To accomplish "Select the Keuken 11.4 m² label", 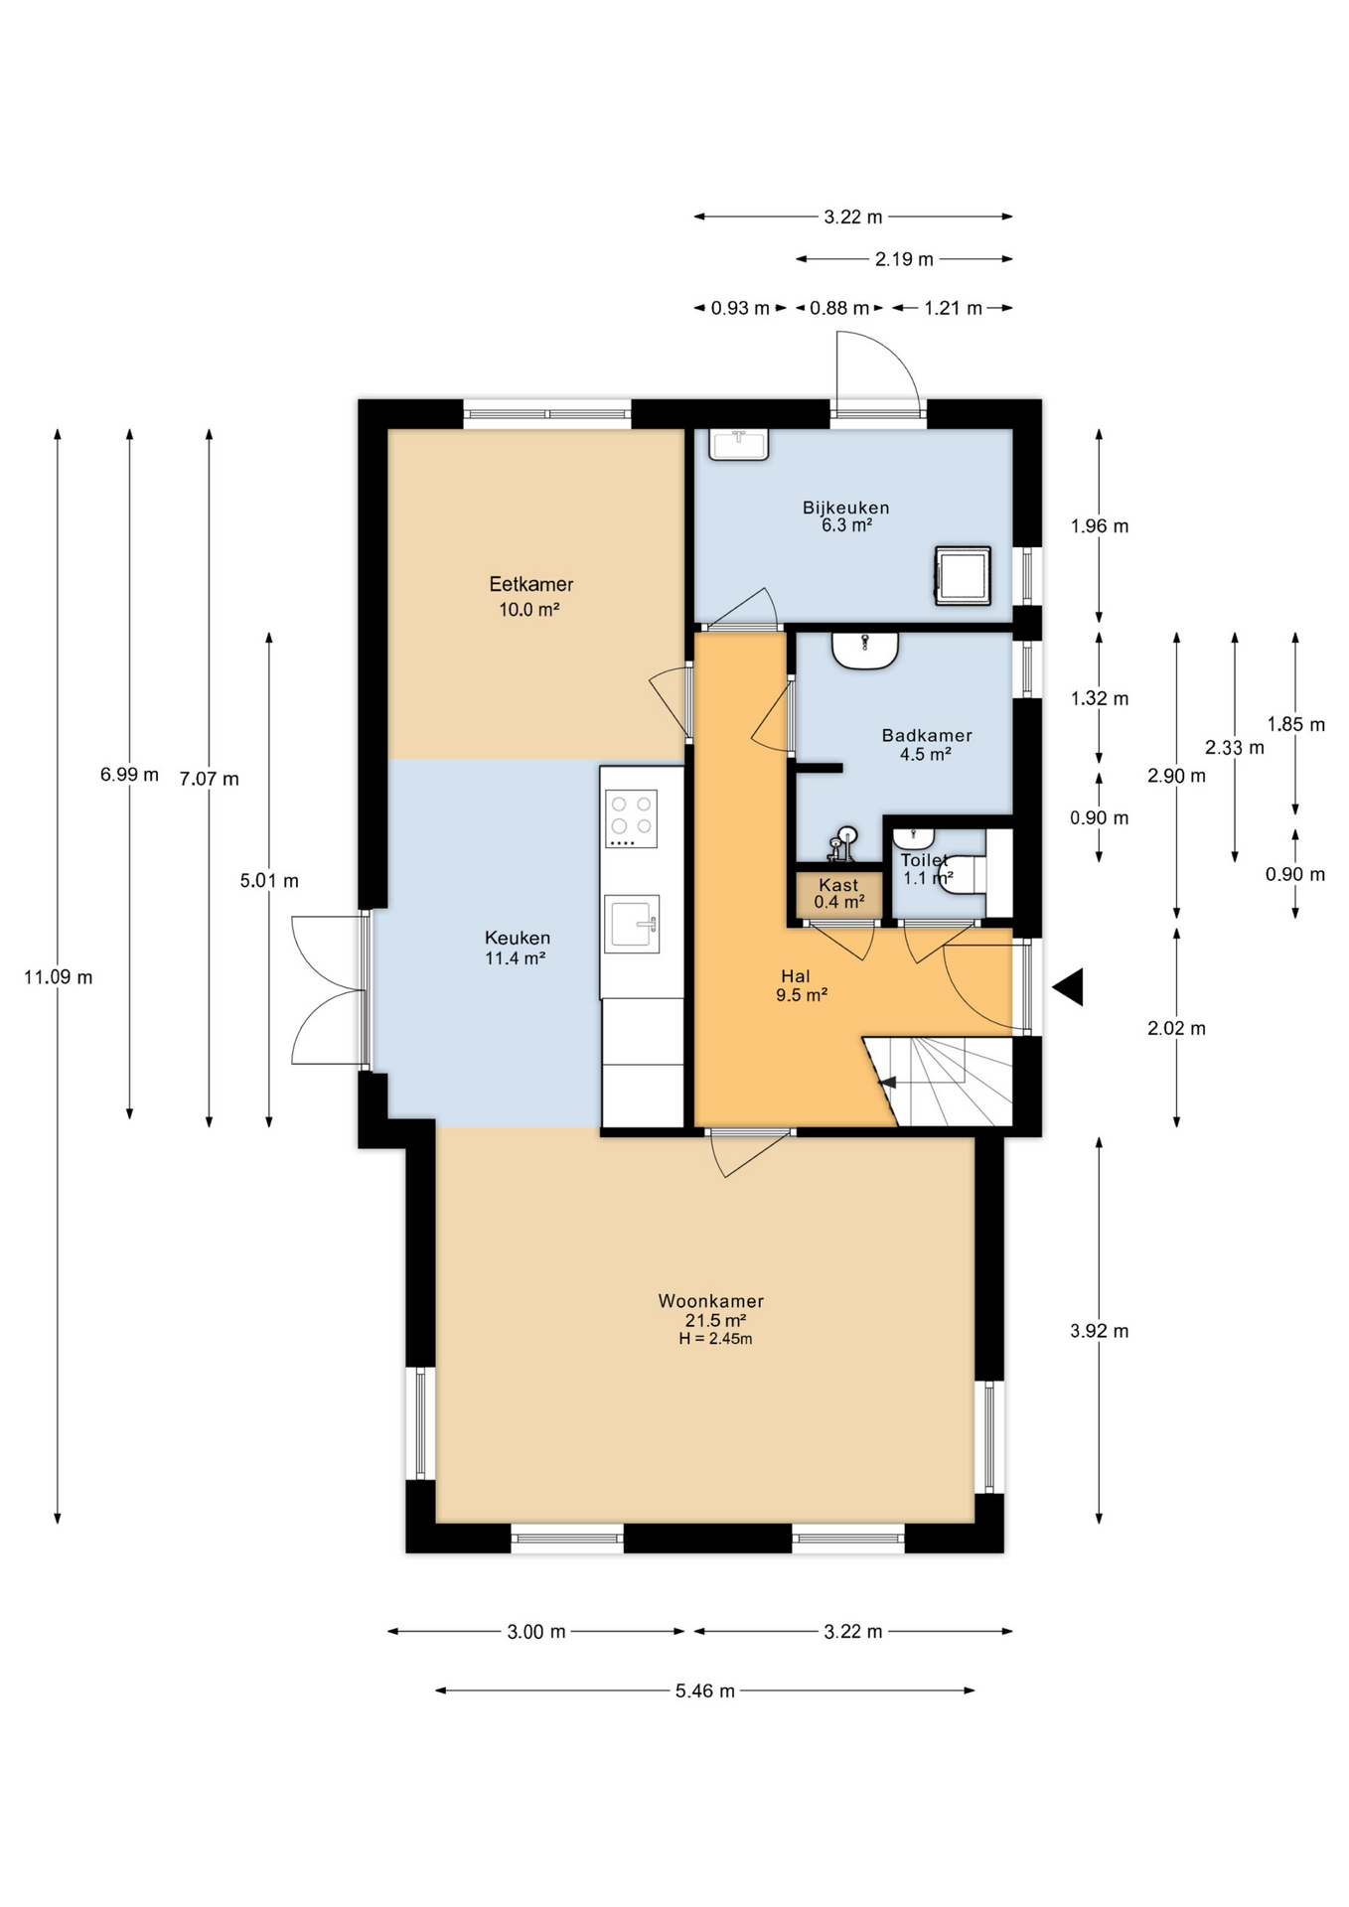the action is click(517, 948).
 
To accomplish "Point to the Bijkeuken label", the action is click(846, 508).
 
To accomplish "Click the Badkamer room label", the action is click(927, 735).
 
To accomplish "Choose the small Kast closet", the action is click(838, 894).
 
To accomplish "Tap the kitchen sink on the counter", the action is click(632, 924).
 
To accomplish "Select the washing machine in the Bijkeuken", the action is click(962, 575).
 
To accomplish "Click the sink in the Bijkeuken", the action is click(738, 444).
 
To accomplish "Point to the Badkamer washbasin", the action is click(865, 651).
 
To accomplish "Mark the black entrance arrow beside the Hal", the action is click(1068, 987).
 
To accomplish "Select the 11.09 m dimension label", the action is click(59, 977).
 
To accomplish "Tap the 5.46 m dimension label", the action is click(705, 1690).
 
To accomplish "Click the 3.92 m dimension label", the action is click(1100, 1331).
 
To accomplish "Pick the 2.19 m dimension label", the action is click(904, 259).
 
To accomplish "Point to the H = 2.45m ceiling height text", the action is click(715, 1339).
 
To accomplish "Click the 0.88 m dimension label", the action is click(839, 308).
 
